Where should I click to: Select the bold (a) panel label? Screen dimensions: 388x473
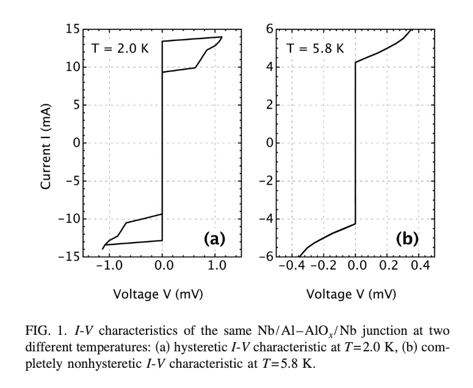pos(217,238)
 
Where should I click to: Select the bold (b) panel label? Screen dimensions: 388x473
pos(406,238)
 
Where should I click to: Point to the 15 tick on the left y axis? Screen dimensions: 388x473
pos(73,29)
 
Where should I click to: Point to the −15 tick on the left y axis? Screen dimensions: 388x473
pos(68,257)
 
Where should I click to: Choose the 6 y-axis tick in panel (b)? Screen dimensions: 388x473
pos(269,29)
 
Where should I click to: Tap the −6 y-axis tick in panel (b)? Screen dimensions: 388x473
pos(266,257)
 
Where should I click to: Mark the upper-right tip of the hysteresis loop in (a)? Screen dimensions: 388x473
pos(222,37)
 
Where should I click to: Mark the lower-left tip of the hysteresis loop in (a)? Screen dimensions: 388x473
pos(103,249)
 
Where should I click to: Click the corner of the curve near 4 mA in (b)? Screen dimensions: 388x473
pos(356,62)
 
